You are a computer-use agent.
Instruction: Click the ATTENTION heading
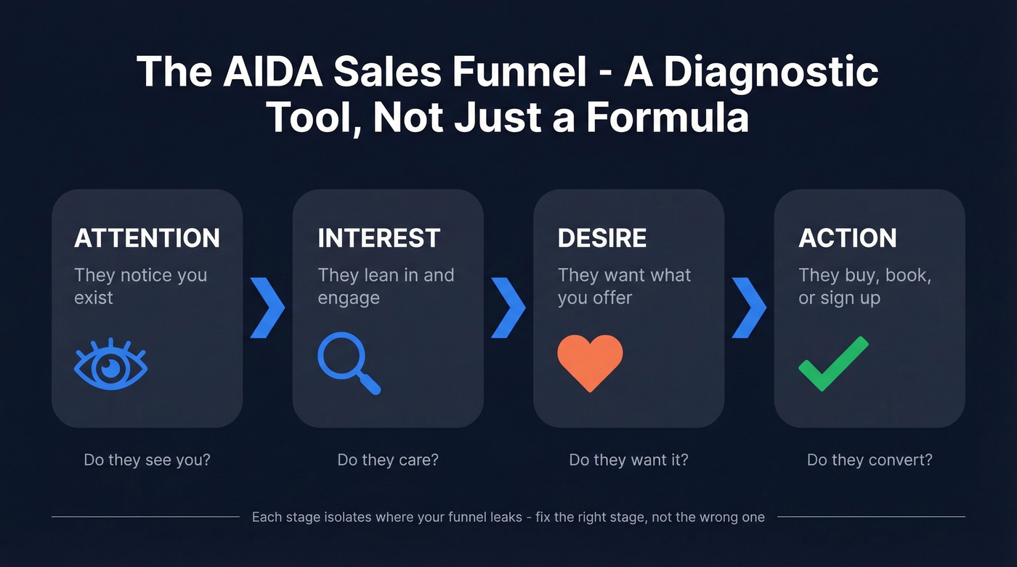point(147,238)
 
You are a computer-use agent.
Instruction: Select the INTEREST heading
point(378,238)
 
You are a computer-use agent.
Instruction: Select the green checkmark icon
point(833,364)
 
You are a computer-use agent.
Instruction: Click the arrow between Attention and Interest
point(267,306)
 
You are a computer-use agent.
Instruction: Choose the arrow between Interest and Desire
point(508,306)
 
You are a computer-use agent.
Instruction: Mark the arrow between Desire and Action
point(749,306)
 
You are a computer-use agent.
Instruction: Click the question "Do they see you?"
point(147,460)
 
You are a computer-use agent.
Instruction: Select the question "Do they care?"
point(388,460)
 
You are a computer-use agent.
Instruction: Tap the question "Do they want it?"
point(628,460)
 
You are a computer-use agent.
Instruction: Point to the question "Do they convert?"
point(870,460)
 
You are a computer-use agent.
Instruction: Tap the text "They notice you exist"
point(140,286)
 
